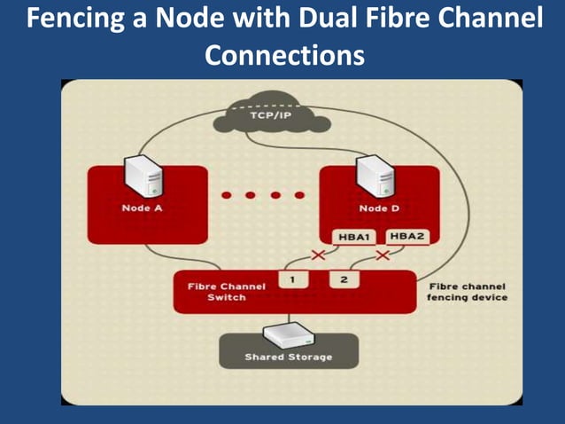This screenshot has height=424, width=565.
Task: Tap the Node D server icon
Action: (374, 176)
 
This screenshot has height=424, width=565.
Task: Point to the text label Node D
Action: (378, 208)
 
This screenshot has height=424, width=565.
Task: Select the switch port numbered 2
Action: (344, 279)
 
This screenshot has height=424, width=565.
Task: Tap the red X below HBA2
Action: (383, 255)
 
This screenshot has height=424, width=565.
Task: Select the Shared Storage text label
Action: (289, 357)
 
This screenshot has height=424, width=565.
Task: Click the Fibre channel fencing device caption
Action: (467, 292)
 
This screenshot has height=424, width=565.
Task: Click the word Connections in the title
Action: (284, 56)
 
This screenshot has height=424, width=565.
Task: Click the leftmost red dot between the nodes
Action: (226, 194)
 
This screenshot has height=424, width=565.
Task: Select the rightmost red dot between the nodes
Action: (300, 194)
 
